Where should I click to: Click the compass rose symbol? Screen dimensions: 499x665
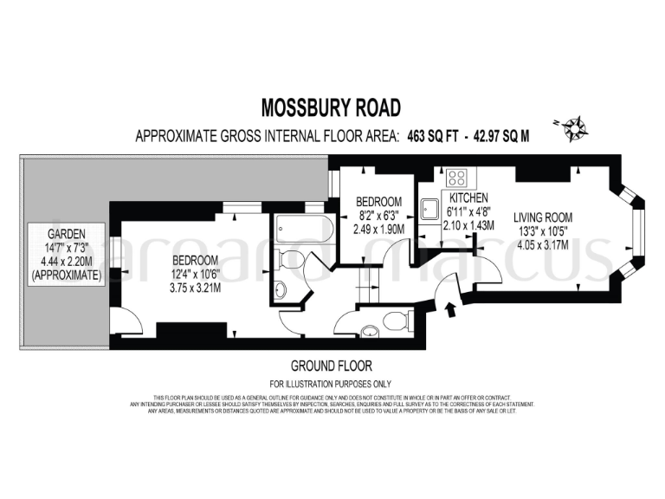coord(573,129)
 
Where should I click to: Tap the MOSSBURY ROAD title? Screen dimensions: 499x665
coord(332,107)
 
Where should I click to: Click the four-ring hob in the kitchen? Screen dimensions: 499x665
coord(457,179)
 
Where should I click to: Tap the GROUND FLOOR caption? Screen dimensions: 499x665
coord(332,366)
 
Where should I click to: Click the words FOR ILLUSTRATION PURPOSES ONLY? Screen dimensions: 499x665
coord(331,384)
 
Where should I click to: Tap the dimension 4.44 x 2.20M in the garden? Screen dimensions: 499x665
coord(66,262)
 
